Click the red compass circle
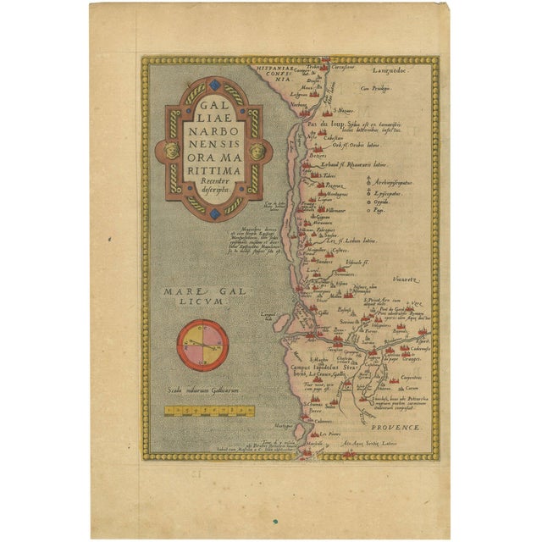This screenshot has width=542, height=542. tap(202, 343)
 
